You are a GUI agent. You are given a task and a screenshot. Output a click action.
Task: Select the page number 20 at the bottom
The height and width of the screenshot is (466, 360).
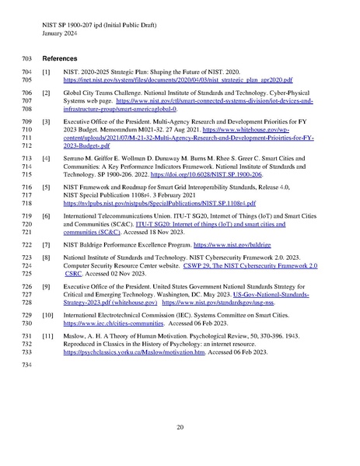(x=180, y=426)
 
